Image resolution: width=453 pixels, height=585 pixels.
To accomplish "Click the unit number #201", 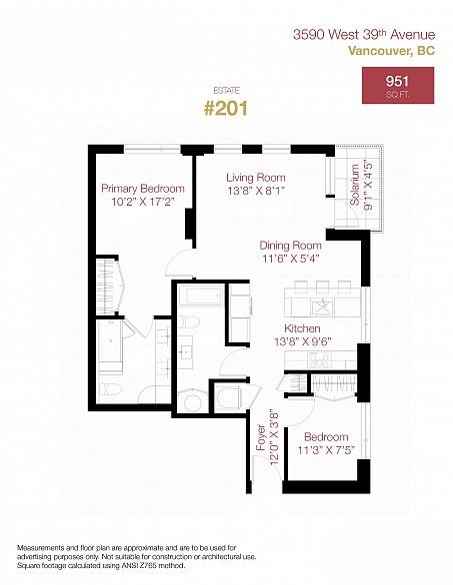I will pos(226,107).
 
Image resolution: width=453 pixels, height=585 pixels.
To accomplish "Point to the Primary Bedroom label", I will pos(143,189).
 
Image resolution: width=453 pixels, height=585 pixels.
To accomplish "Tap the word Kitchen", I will pos(302,328).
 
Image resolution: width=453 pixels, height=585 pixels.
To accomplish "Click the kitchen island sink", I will pos(322,305).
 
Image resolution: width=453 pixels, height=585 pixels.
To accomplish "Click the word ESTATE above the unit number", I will pos(226,88).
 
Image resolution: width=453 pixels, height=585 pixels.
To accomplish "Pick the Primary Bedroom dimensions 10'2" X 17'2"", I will pos(143,202).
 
